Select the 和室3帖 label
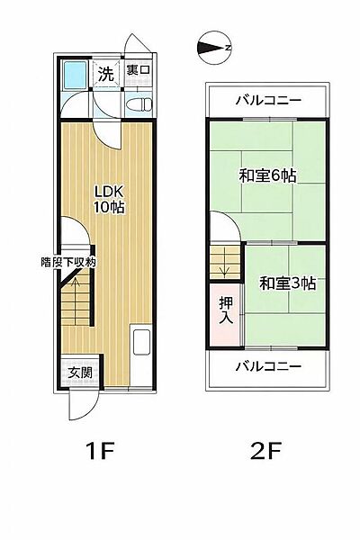point(287,283)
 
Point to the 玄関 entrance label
point(75,372)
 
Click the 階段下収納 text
point(67,262)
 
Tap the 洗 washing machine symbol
point(106,73)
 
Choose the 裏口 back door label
point(137,69)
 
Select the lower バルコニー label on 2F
point(267,365)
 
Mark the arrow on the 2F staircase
point(225,265)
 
